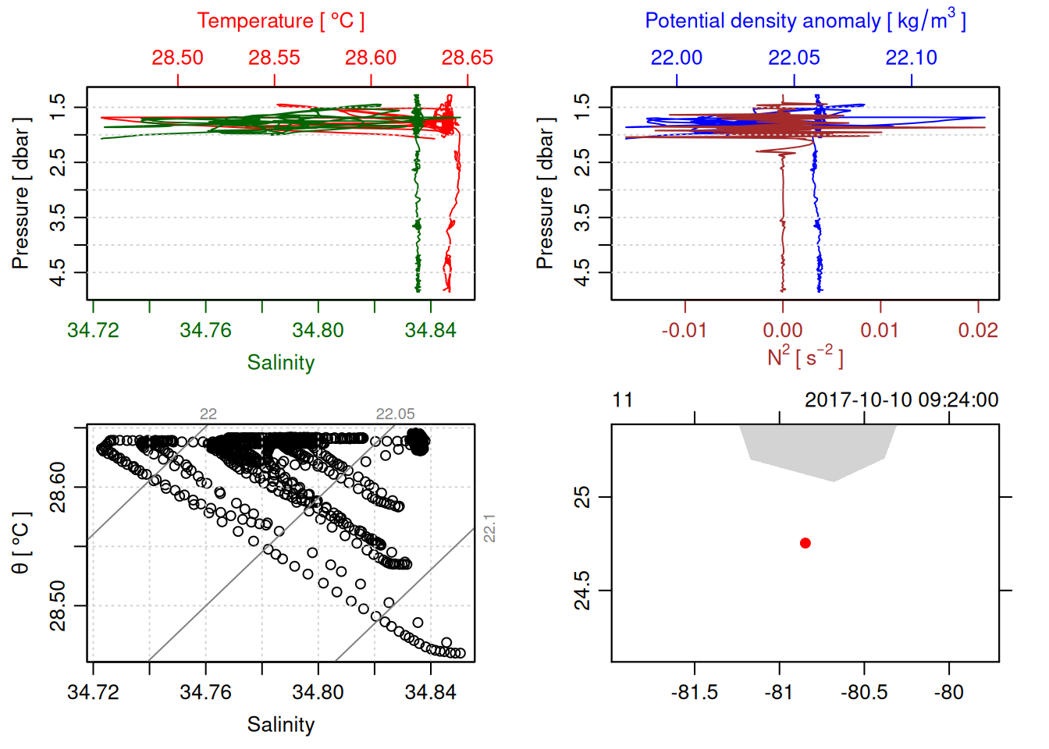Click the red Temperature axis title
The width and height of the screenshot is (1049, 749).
(x=280, y=21)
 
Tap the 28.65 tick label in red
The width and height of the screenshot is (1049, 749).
(x=468, y=58)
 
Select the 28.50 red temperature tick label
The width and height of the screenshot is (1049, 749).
(x=177, y=58)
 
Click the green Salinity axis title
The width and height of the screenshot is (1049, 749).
(x=280, y=363)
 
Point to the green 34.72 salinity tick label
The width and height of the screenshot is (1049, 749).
(x=93, y=330)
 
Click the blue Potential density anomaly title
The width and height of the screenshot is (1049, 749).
(x=805, y=21)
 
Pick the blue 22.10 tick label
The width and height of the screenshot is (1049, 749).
(x=911, y=58)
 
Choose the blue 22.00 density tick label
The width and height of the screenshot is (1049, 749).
(x=677, y=58)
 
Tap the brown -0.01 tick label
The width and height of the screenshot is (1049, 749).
(x=684, y=330)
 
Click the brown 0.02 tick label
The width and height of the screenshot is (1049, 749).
(x=978, y=330)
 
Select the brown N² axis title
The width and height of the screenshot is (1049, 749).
(x=805, y=357)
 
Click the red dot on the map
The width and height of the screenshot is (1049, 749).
(x=805, y=543)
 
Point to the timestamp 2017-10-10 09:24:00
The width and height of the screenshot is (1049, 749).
(x=901, y=400)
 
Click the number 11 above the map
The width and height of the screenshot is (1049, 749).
(x=622, y=400)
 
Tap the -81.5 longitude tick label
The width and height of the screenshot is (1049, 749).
(x=694, y=692)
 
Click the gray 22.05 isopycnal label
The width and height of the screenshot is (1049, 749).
(x=396, y=414)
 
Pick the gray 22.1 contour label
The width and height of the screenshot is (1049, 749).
(x=489, y=528)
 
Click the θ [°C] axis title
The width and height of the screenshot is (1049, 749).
(x=21, y=543)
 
